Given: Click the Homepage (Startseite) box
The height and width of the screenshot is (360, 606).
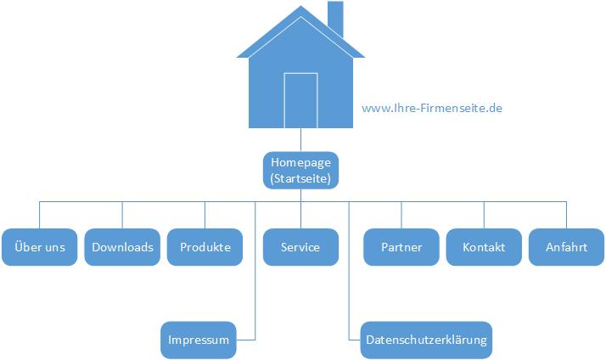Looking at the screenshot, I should click(x=300, y=170).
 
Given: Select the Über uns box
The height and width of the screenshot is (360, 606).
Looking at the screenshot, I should click(x=40, y=247).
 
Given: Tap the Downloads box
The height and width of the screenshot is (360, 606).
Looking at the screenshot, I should click(x=122, y=247).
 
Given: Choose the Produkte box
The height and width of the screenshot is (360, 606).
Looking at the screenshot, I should click(x=205, y=247).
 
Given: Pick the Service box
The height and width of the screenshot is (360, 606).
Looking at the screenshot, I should click(x=300, y=247).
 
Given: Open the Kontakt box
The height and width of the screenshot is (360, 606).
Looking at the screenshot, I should click(x=484, y=247).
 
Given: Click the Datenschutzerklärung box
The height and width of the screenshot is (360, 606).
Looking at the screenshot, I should click(x=426, y=340).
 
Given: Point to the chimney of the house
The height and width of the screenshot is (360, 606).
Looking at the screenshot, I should click(x=334, y=19).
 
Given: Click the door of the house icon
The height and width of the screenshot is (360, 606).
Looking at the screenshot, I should click(x=300, y=100).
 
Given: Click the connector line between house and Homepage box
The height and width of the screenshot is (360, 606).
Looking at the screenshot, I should click(x=300, y=140).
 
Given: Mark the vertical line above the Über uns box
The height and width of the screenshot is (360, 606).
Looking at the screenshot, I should click(x=40, y=215).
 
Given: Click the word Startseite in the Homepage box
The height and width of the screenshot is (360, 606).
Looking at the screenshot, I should click(x=300, y=178).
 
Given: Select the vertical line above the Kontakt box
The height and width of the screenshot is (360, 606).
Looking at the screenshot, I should click(x=484, y=215).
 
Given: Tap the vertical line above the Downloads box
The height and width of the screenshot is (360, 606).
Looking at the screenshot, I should click(x=122, y=215).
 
